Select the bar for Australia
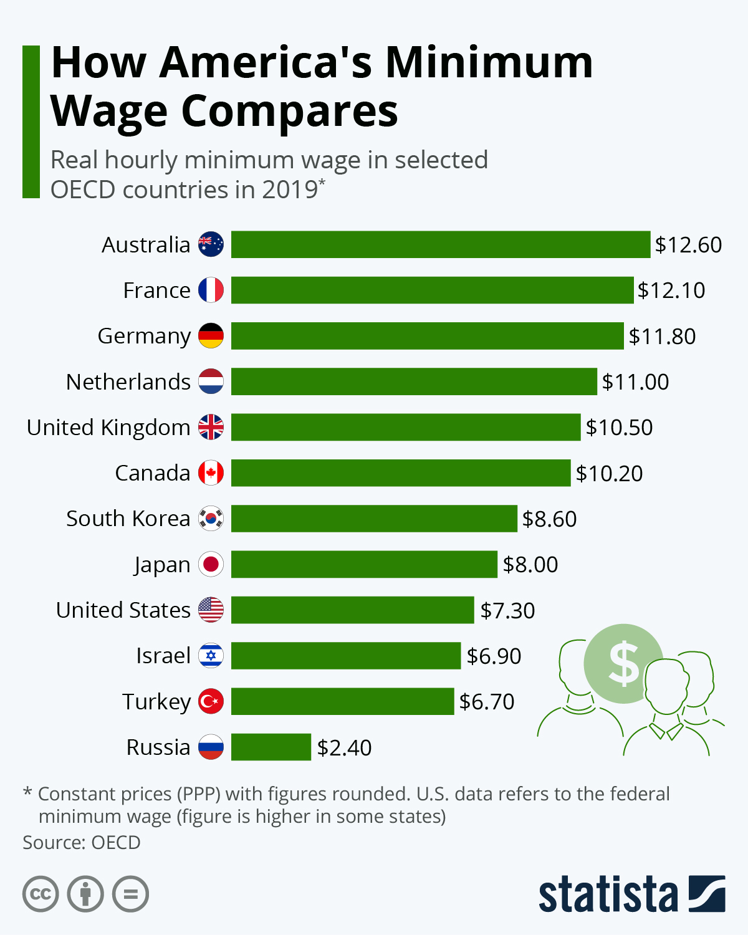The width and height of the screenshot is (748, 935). [440, 244]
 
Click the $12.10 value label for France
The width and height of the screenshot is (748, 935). [671, 290]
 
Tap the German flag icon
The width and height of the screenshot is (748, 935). [211, 336]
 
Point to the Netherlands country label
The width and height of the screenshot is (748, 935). [128, 381]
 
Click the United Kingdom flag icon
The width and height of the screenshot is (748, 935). [211, 427]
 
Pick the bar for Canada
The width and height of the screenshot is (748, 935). [400, 472]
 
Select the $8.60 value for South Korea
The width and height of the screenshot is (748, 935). [549, 519]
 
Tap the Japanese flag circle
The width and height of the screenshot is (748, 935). [211, 564]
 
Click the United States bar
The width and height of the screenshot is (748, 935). [352, 610]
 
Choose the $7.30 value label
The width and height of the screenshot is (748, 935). [507, 610]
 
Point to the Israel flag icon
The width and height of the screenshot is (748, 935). [211, 656]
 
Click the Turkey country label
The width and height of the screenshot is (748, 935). [156, 702]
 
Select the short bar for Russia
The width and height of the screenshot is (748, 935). [271, 747]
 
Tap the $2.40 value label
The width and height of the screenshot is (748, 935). [344, 747]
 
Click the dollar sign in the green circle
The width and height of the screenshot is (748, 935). [623, 663]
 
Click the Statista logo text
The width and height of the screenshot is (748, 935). [608, 895]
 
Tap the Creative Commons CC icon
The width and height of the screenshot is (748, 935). [41, 894]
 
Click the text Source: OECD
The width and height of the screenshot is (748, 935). [82, 842]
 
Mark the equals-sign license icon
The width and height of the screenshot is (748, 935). [130, 894]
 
